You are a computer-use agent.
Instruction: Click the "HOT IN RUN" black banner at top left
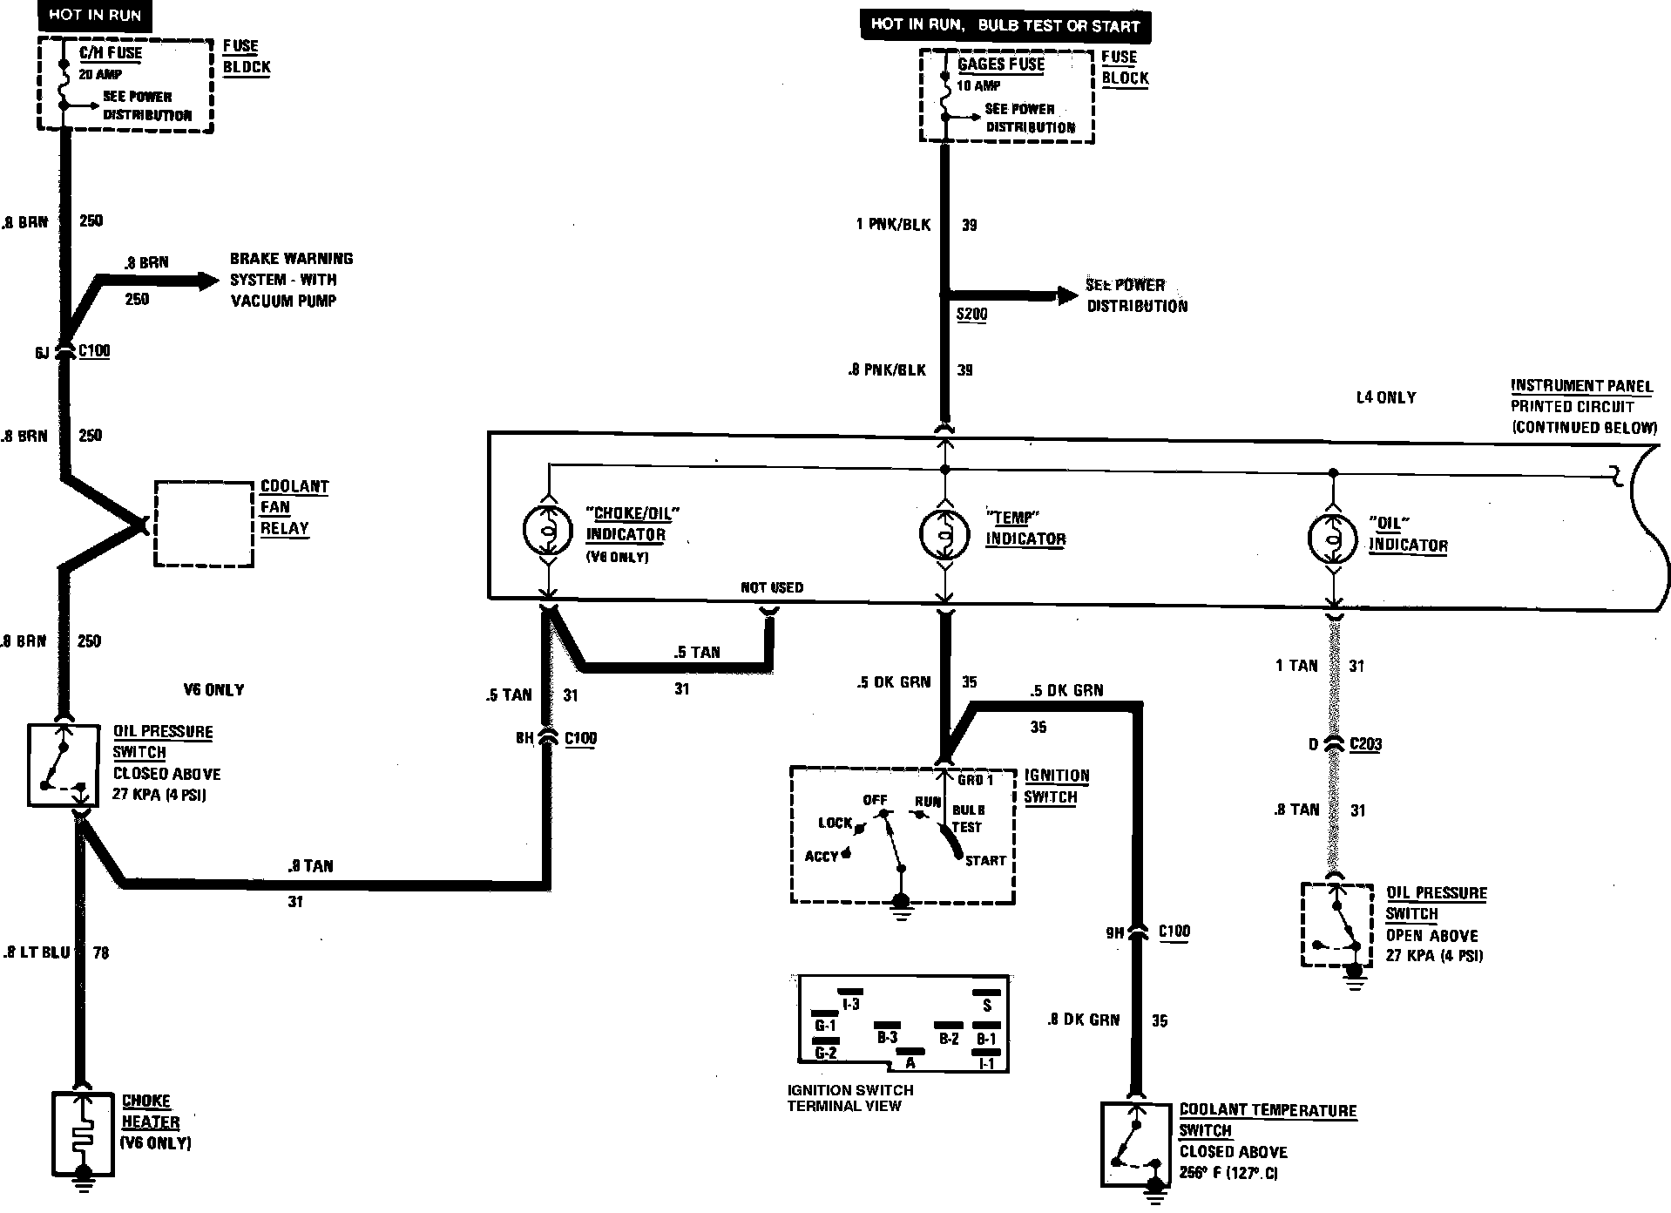95,15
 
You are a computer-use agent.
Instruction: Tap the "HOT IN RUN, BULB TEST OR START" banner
1005,24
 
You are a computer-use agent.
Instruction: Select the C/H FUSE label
111,53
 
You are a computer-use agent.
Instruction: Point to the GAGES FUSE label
1000,64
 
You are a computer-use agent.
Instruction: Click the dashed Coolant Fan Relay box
204,524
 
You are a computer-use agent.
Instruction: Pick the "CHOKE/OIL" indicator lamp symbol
547,530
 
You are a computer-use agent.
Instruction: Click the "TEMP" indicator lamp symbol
945,533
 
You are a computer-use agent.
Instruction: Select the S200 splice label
971,315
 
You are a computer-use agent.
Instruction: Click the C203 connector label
1365,745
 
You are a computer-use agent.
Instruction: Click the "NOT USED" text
772,587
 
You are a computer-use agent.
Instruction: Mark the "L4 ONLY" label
1386,397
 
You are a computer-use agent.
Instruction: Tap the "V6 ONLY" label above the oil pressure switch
213,690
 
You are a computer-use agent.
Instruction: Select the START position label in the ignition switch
985,861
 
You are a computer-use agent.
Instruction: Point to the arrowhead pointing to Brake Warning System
207,281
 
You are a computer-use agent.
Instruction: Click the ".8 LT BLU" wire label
36,953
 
